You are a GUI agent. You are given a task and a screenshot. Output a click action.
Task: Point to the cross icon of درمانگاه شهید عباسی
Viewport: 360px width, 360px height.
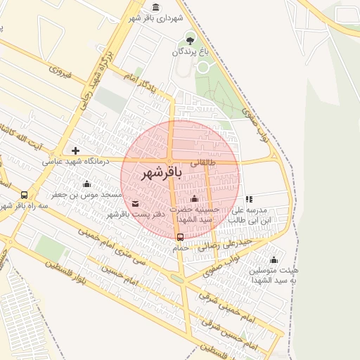point(75,150)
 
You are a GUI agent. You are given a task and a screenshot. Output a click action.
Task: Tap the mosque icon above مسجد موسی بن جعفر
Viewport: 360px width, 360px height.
point(86,184)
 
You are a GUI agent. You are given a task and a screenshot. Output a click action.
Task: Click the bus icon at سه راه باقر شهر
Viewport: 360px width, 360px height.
point(25,195)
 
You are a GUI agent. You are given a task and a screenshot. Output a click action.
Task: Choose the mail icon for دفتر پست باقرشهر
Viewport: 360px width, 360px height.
point(135,204)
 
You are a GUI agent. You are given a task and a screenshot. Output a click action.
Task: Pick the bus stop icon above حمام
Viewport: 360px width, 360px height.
point(180,236)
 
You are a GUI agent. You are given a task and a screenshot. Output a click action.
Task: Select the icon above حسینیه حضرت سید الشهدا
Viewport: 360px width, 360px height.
point(194,199)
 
